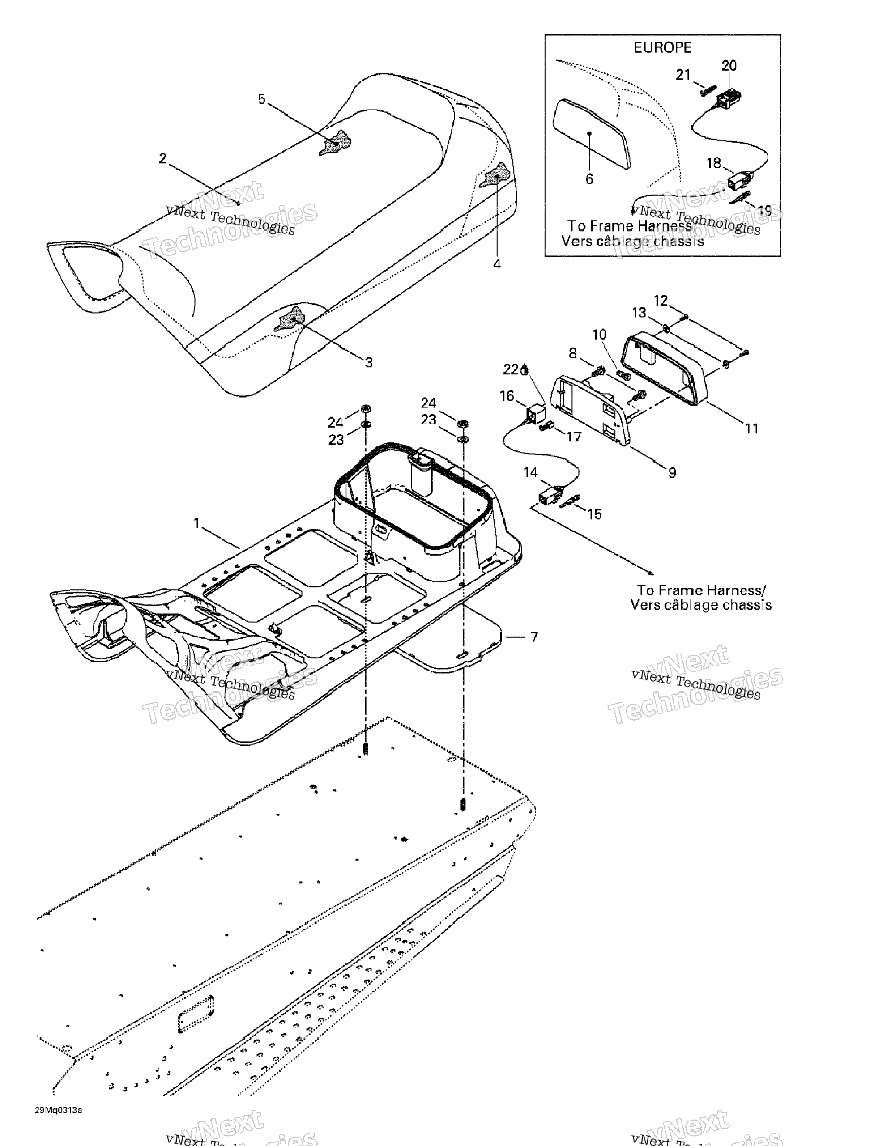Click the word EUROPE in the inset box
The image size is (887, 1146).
662,48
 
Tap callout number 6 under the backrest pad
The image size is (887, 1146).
589,179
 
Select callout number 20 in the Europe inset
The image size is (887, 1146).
729,66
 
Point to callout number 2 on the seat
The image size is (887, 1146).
163,158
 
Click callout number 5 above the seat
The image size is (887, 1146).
261,99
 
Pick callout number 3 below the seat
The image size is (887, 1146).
368,362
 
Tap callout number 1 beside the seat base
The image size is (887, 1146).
197,523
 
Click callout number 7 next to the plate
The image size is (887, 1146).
534,637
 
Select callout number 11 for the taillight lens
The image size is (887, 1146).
751,429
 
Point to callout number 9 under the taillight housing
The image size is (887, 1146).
672,473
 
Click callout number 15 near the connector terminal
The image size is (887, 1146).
594,514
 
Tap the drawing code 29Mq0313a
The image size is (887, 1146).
59,1110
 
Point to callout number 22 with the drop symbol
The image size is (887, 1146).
511,370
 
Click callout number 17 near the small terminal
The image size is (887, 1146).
574,437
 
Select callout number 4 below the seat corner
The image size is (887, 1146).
496,264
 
